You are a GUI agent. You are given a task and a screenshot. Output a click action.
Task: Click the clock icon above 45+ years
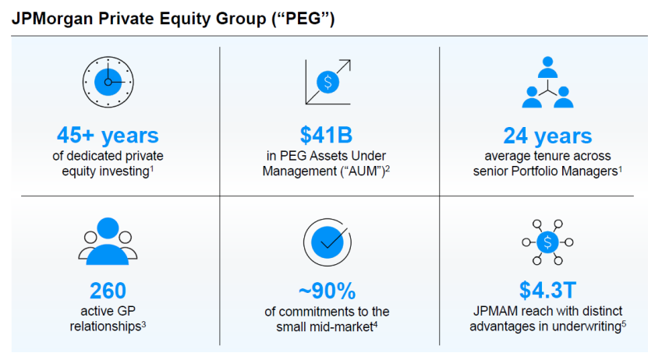pos(108,82)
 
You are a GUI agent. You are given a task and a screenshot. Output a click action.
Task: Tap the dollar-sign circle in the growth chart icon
pos(328,82)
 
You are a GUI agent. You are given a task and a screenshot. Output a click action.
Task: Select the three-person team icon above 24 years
pos(547,83)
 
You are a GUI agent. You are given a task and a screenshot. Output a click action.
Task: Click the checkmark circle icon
pos(327,242)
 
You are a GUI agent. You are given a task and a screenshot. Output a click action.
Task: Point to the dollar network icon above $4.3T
pos(547,242)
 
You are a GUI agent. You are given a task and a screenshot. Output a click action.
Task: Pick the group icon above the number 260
pos(108,241)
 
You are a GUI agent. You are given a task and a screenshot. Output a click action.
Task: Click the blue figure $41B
pos(326,135)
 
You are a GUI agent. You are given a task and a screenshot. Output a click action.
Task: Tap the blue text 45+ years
pos(108,135)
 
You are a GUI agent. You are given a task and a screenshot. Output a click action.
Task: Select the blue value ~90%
pos(327,291)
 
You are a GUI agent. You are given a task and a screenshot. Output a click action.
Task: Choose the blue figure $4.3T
pos(547,290)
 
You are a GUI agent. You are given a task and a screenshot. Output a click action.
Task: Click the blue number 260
pos(108,291)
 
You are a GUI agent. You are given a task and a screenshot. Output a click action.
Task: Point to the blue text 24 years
pos(547,136)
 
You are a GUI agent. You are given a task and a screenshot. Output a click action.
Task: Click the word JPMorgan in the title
pos(52,19)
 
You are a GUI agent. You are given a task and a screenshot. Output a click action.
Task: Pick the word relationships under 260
pos(105,326)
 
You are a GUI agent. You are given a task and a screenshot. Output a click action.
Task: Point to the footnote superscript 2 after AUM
pos(388,168)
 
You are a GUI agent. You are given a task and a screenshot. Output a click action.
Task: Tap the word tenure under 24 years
pos(547,156)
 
